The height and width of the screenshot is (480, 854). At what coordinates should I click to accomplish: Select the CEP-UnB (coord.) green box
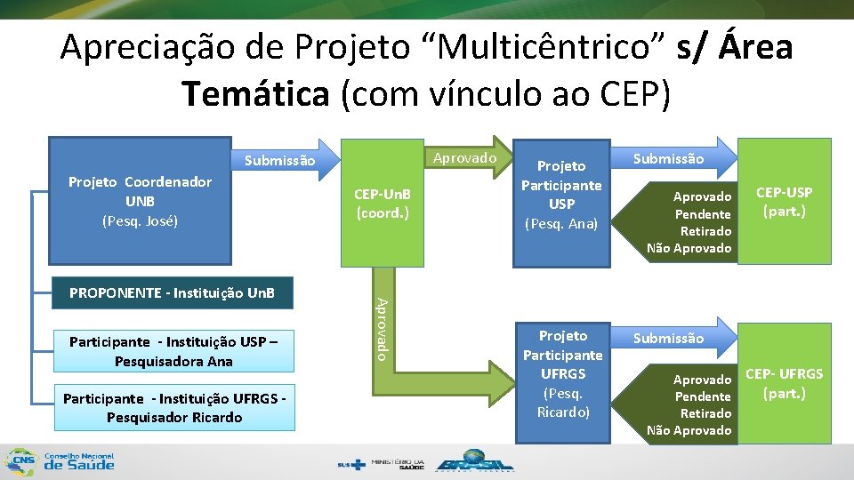pyautogui.click(x=382, y=204)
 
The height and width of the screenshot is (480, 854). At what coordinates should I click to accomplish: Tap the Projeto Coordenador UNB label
pyautogui.click(x=140, y=200)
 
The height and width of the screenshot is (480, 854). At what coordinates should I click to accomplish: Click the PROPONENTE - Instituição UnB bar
pyautogui.click(x=172, y=292)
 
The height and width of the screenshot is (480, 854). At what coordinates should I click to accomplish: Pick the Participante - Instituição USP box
pyautogui.click(x=173, y=351)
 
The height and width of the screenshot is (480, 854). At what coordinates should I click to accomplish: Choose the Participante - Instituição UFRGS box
pyautogui.click(x=173, y=407)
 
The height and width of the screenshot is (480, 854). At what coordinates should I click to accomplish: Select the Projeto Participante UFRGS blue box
pyautogui.click(x=563, y=373)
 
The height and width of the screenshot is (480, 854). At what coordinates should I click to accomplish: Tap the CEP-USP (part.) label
pyautogui.click(x=784, y=202)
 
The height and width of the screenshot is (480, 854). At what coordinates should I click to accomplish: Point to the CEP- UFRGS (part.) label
pyautogui.click(x=784, y=383)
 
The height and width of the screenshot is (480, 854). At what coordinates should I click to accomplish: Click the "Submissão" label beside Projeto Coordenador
pyautogui.click(x=279, y=161)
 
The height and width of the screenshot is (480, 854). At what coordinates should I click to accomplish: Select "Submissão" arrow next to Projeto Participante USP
pyautogui.click(x=669, y=159)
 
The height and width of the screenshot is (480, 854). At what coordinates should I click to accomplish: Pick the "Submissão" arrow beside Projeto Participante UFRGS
pyautogui.click(x=669, y=338)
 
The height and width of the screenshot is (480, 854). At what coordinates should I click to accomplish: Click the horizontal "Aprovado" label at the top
pyautogui.click(x=464, y=157)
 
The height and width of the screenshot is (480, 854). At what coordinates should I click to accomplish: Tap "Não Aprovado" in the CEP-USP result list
pyautogui.click(x=689, y=248)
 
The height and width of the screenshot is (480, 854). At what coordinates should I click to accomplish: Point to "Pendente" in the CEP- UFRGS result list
pyautogui.click(x=703, y=396)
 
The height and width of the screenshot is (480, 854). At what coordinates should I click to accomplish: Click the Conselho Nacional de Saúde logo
pyautogui.click(x=60, y=460)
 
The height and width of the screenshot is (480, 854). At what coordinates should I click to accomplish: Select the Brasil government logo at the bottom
pyautogui.click(x=476, y=463)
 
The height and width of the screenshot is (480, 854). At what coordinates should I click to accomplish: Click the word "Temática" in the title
pyautogui.click(x=254, y=92)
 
